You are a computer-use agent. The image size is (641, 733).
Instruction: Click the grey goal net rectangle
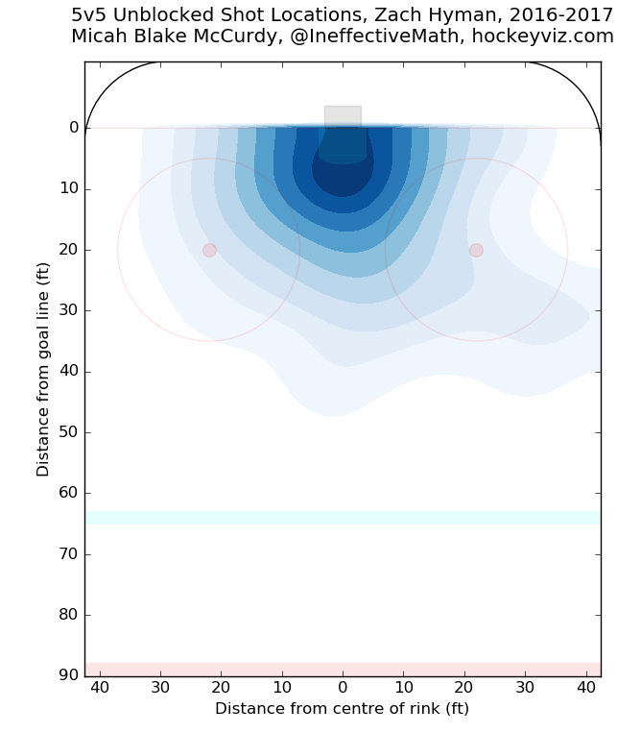click(x=343, y=116)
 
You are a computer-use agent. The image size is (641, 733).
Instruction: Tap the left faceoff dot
click(x=209, y=250)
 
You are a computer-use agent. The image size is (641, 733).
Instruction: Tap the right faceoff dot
click(x=476, y=250)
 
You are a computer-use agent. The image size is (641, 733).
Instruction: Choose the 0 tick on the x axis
click(x=343, y=688)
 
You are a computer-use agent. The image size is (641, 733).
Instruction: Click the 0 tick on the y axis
click(x=73, y=128)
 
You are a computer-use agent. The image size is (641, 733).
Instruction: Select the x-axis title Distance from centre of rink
click(x=342, y=709)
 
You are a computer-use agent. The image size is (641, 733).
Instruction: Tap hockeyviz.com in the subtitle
click(x=556, y=37)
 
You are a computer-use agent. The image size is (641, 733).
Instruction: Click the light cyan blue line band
click(x=343, y=518)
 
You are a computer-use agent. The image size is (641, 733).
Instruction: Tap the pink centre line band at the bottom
click(x=343, y=669)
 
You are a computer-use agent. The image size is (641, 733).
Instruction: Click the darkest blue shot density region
click(x=343, y=178)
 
